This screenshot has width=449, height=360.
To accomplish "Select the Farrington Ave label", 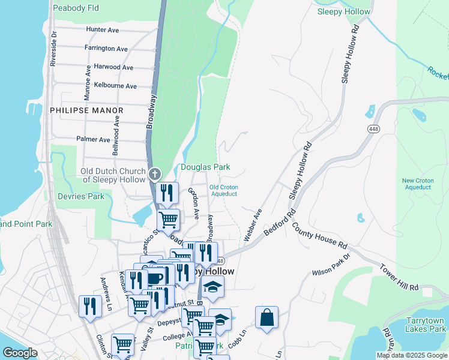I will [x=106, y=49].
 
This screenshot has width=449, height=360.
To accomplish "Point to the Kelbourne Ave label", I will [x=116, y=86].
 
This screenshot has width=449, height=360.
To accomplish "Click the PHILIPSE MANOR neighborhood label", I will [x=86, y=110].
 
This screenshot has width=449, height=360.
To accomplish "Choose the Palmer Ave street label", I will [x=93, y=139].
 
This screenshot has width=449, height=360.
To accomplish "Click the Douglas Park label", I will [x=206, y=167].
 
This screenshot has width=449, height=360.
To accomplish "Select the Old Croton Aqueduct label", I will [x=224, y=190].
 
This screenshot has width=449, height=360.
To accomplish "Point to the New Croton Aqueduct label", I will [x=417, y=184].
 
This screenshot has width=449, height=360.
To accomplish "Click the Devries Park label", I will [x=80, y=196].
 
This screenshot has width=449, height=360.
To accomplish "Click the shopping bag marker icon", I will [x=267, y=317].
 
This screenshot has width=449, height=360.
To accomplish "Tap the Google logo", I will [x=20, y=353].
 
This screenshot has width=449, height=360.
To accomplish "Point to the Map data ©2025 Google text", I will [x=412, y=355].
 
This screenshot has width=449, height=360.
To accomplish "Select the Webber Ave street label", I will [x=253, y=225].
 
